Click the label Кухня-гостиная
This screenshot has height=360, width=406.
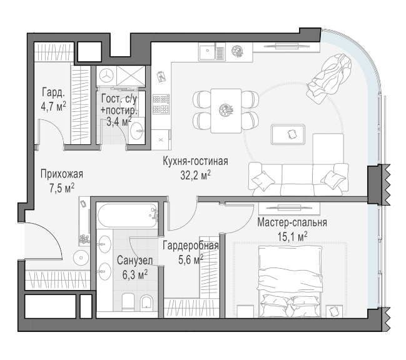195,161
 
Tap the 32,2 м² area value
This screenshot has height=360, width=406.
195,176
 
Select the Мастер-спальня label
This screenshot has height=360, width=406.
292,222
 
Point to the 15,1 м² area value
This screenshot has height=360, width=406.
293,236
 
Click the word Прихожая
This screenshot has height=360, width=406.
62,174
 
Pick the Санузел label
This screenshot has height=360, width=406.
134,261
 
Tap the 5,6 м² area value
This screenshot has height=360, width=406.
191,259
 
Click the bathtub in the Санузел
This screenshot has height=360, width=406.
128,216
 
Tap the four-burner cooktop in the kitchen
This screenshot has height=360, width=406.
161,104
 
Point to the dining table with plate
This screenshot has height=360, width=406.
226,111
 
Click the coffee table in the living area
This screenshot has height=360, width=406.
288,134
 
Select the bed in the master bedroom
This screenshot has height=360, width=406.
290,282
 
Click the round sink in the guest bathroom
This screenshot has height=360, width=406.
136,131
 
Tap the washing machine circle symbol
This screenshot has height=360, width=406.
106,76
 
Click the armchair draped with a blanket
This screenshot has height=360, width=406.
329,78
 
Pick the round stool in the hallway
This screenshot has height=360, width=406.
81,258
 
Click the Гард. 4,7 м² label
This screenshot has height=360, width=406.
53,99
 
